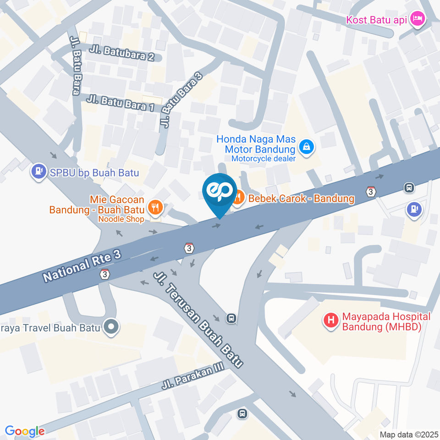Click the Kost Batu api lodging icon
(x=418, y=20)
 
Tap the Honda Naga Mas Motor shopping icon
(x=304, y=147)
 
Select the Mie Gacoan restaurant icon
(x=156, y=207)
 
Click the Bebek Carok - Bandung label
(x=301, y=199)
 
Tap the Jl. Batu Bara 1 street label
(x=118, y=103)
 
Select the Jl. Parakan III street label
(x=194, y=377)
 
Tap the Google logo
(x=25, y=431)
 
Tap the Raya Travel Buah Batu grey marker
(x=110, y=327)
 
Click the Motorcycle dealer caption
(x=263, y=159)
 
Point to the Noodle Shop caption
(x=121, y=219)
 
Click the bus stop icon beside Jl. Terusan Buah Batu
(x=232, y=318)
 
